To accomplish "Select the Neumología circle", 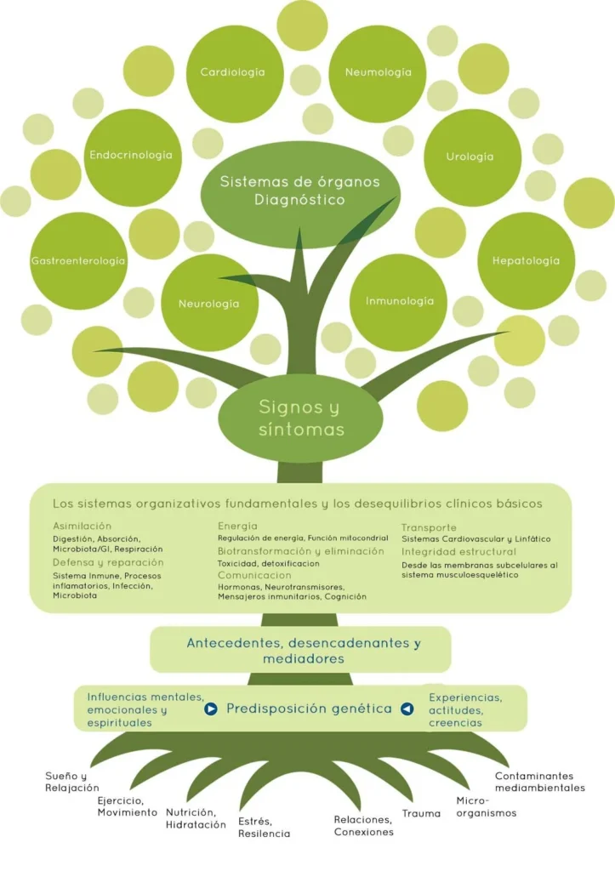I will [378, 73].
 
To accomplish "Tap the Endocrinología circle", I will [131, 156].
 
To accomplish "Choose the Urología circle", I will [471, 157].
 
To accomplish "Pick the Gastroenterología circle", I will [78, 260].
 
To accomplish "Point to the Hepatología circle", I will [527, 260].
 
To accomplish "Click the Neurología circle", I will [208, 303].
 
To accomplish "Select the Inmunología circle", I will [399, 301].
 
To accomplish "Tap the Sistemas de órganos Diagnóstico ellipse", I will [299, 191].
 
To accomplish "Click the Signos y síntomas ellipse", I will [301, 419].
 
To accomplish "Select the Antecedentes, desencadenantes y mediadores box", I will [304, 651].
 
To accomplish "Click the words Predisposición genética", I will [309, 709].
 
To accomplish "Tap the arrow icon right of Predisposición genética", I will [407, 709].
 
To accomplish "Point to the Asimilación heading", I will [82, 526].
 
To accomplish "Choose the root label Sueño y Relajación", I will [72, 783].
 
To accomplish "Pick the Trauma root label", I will [421, 814].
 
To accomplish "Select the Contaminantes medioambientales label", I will [540, 782].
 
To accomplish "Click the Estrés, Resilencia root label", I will [264, 828].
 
